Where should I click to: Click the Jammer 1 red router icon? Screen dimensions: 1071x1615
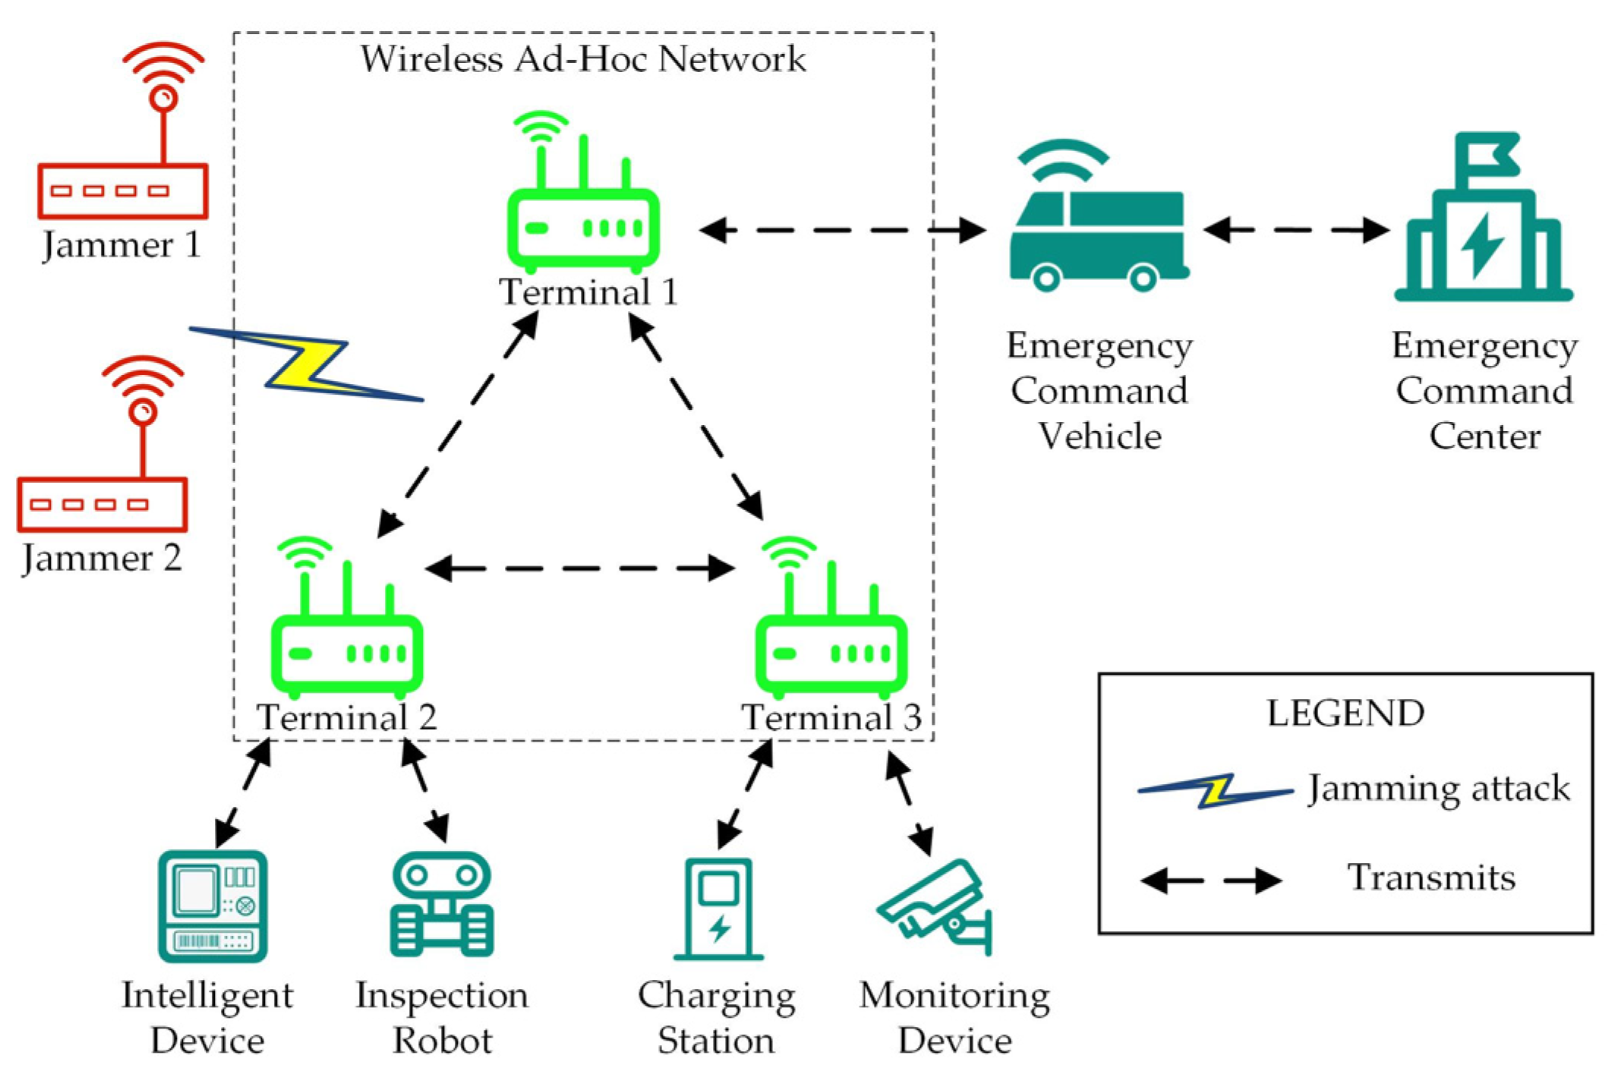coord(123,190)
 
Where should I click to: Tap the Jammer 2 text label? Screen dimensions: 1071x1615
coord(102,559)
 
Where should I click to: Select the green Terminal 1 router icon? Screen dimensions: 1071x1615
coord(583,227)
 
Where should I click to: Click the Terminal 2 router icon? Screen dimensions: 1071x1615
coord(347,653)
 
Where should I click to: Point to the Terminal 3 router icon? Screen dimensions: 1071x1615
coord(831,653)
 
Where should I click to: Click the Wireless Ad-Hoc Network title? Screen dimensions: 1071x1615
coord(582,59)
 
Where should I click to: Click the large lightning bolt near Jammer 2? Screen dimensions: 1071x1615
coord(308,364)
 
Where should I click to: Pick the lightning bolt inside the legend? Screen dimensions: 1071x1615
coord(1215,791)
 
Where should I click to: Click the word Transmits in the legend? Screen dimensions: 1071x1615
coord(1430,878)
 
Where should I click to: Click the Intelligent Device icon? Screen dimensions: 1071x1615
coord(213,906)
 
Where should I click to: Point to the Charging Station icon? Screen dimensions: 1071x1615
coord(718,909)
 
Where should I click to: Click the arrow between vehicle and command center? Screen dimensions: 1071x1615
coord(1296,229)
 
